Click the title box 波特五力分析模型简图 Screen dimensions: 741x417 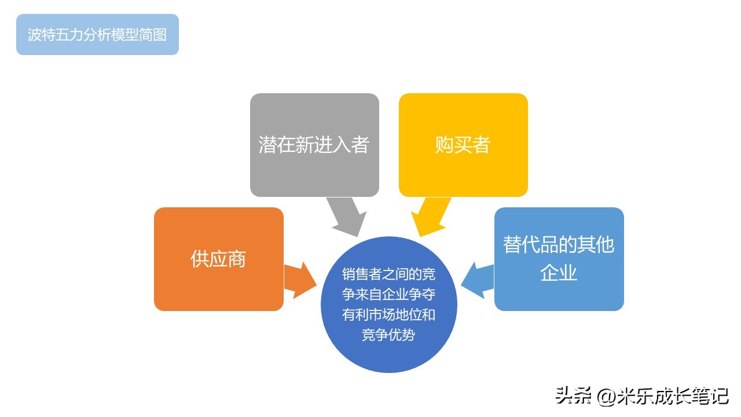(x=98, y=34)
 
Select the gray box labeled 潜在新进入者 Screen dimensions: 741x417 (x=314, y=145)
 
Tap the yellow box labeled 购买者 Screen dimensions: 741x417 (x=463, y=145)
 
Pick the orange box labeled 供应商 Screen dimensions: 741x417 (x=219, y=259)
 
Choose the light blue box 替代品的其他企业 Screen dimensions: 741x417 (x=559, y=259)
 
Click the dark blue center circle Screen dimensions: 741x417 (x=389, y=305)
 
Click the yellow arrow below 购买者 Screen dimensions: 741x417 (x=431, y=217)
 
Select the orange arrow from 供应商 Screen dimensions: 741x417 (x=300, y=280)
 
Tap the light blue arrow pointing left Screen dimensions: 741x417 (x=478, y=280)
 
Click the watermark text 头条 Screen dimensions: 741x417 (x=573, y=396)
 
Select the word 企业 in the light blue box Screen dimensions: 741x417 (x=559, y=273)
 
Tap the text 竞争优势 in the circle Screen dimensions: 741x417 (x=388, y=335)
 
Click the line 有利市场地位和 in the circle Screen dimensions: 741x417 (x=388, y=314)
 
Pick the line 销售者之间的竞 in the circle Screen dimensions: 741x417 (x=388, y=274)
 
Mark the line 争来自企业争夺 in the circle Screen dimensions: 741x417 (x=388, y=294)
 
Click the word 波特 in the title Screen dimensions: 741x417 (x=41, y=34)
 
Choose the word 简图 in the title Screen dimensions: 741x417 (x=152, y=34)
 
